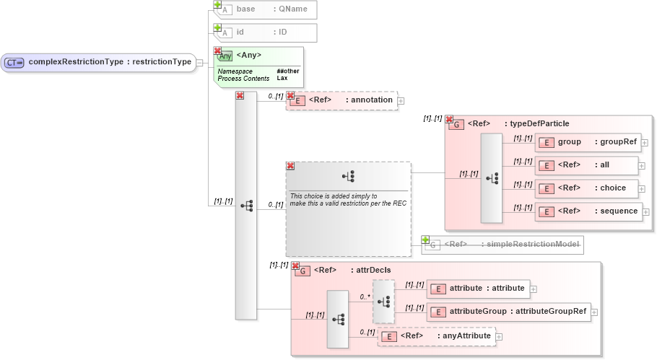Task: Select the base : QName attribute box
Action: click(266, 10)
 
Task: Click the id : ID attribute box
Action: click(266, 32)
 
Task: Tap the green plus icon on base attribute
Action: click(217, 4)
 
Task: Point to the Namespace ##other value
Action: click(287, 71)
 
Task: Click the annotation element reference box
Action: click(342, 100)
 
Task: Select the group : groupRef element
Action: click(587, 143)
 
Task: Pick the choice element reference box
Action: click(587, 188)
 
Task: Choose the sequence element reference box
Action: click(587, 211)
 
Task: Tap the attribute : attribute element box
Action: click(477, 289)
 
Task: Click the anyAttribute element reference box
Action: click(437, 336)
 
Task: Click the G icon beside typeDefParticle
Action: click(456, 124)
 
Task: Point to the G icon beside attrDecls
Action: click(303, 271)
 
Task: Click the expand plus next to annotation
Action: click(401, 101)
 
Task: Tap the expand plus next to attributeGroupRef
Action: click(594, 312)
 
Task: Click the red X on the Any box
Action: click(217, 51)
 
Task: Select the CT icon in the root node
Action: click(14, 62)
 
